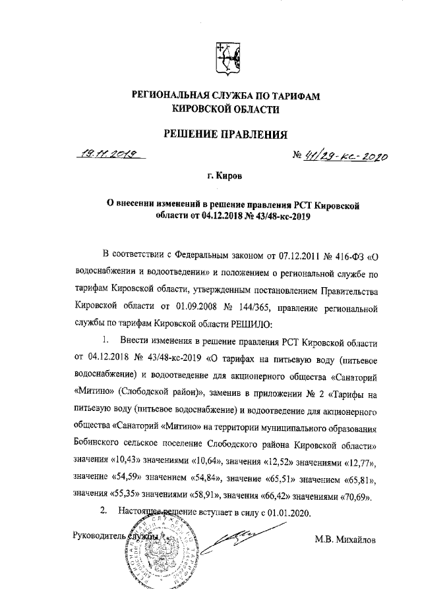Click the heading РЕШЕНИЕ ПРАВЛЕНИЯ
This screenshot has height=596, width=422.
tap(226, 136)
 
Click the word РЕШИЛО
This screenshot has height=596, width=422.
tap(248, 324)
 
